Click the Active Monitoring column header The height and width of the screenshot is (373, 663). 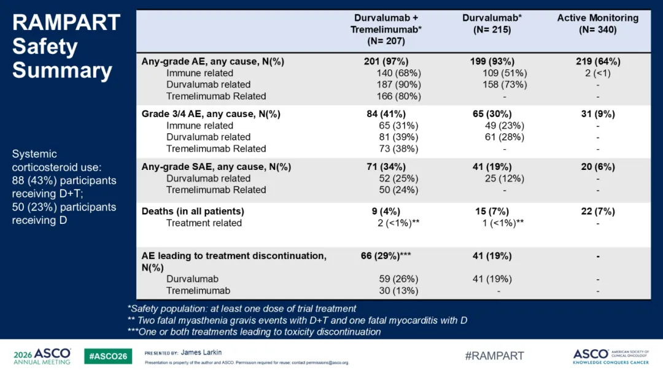(597, 24)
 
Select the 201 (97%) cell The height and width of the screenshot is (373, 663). (386, 61)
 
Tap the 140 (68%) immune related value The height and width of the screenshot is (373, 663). (399, 73)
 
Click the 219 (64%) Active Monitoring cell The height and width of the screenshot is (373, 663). (598, 61)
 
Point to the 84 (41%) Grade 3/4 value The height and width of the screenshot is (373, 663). (386, 114)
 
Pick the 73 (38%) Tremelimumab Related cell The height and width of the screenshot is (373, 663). (398, 148)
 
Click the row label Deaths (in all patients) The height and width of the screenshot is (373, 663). (193, 211)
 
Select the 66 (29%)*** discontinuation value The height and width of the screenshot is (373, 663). (386, 256)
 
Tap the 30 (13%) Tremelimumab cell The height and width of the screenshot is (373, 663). (398, 291)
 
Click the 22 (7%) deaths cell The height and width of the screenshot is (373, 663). (598, 211)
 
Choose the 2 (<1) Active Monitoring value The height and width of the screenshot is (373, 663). (598, 73)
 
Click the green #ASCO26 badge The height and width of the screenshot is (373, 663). (108, 356)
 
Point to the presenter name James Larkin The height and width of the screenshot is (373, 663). (201, 352)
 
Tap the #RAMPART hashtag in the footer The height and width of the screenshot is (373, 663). (494, 356)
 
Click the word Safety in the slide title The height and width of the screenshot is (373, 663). (45, 47)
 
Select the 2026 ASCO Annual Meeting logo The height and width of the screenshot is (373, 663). (42, 356)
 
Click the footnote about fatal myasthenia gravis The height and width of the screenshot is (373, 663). (297, 320)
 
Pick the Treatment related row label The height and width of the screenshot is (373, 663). (204, 223)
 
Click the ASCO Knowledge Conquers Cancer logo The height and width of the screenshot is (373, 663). (611, 356)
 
